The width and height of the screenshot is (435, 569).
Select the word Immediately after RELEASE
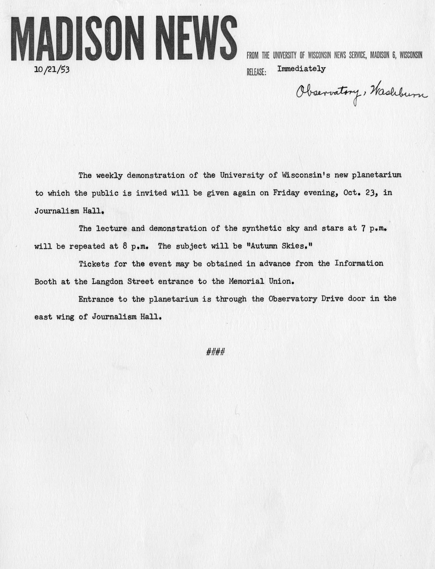point(301,69)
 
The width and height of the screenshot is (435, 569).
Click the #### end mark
point(215,352)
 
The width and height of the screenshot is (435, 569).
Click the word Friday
point(286,193)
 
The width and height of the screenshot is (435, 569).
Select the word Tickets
point(94,263)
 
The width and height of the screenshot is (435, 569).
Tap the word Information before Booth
point(359,263)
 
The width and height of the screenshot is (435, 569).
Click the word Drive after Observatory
point(332,298)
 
